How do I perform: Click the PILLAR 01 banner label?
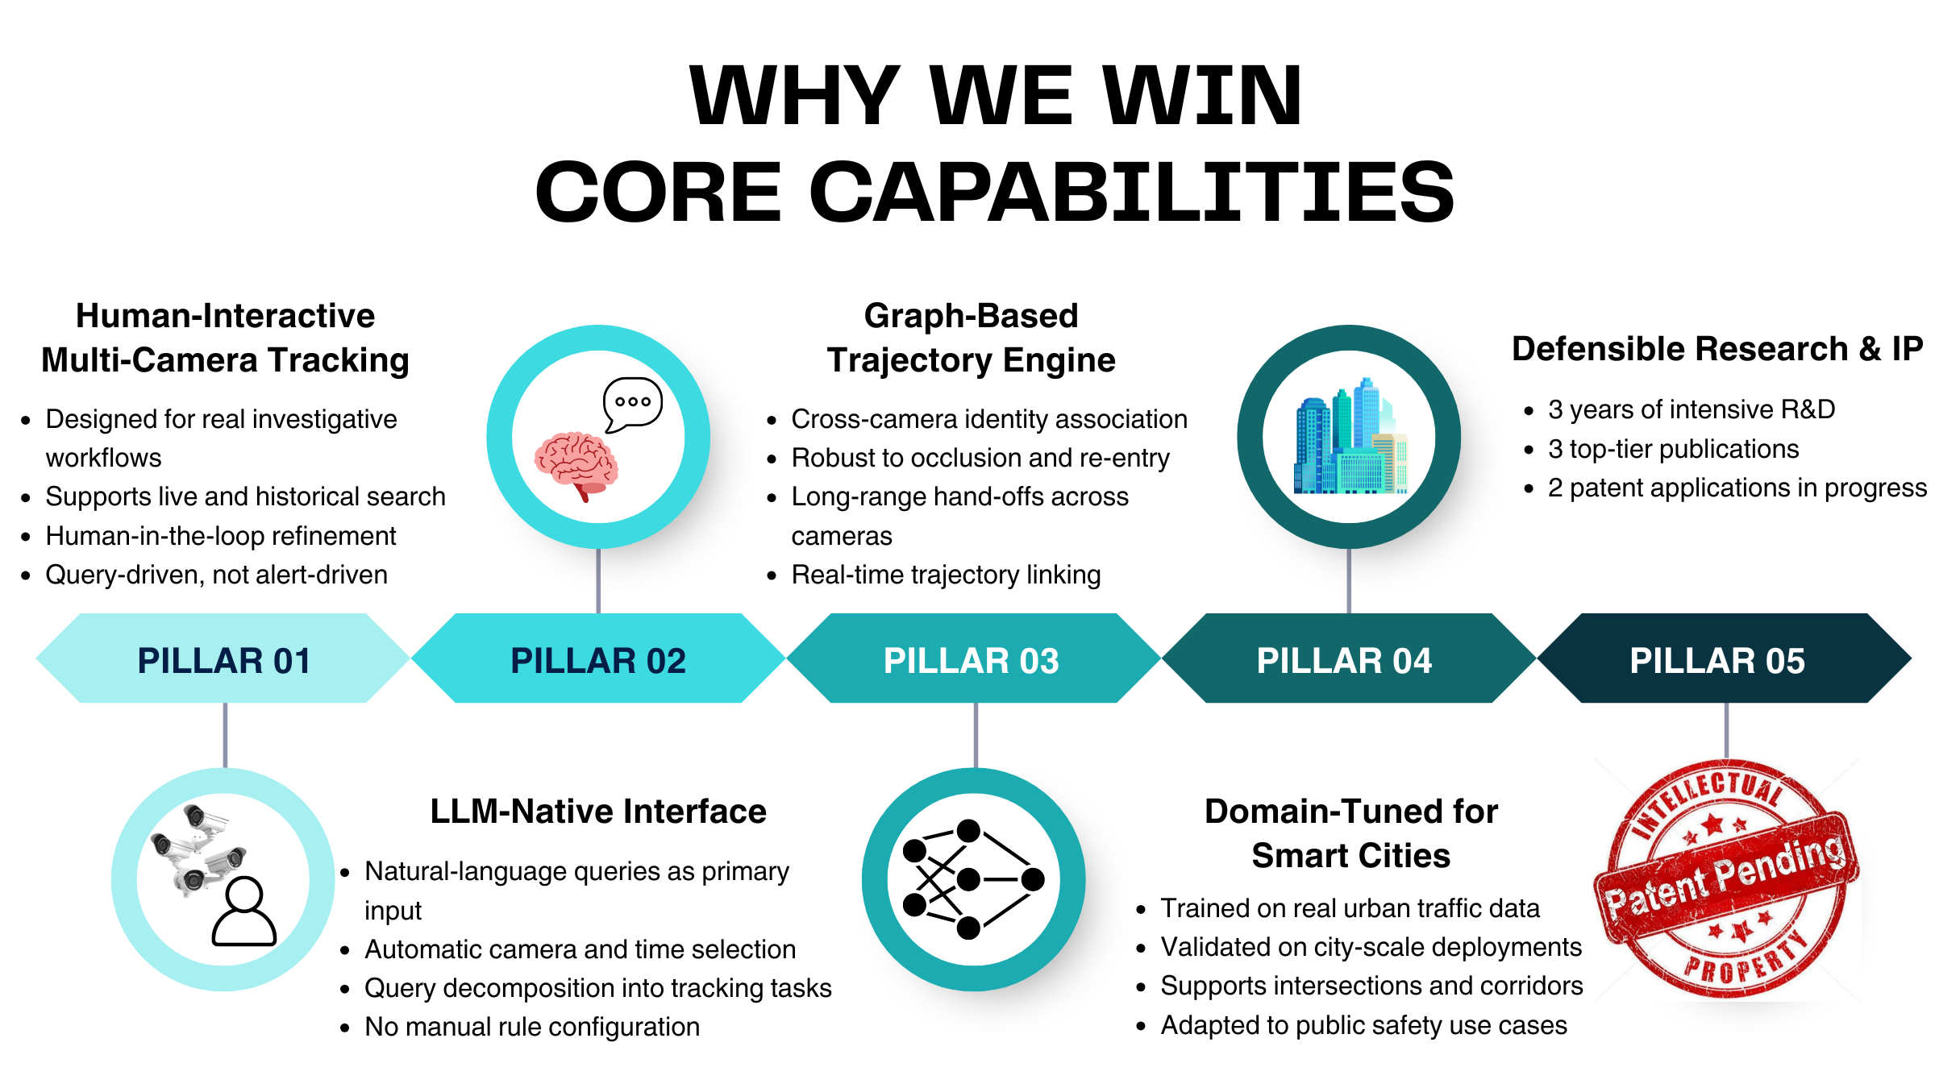224,661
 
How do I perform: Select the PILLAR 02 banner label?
598,661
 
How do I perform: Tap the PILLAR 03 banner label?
972,661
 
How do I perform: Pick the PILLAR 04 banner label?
1345,661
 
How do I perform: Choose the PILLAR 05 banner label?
1717,661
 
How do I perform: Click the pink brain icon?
576,466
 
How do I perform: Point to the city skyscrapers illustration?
1350,436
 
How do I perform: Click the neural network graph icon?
973,879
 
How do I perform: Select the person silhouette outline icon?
244,912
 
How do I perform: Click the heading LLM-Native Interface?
598,812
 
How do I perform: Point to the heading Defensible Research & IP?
1717,349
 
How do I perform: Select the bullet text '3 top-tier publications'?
1674,449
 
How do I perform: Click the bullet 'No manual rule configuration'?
532,1027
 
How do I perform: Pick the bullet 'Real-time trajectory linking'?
946,575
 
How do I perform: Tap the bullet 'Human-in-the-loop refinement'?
221,536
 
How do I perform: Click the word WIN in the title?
1201,96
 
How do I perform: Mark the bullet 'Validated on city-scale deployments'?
1371,947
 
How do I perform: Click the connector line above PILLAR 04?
1349,580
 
